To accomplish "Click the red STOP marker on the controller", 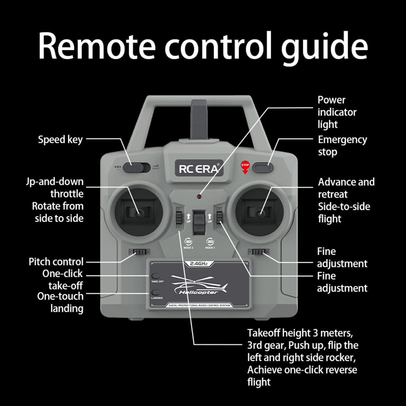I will pyautogui.click(x=245, y=166).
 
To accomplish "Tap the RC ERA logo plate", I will pyautogui.click(x=199, y=168).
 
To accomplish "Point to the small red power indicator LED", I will pyautogui.click(x=199, y=196).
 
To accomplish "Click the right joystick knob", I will pyautogui.click(x=261, y=212).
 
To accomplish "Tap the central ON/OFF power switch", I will pyautogui.click(x=199, y=221).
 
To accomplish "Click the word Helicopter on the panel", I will pyautogui.click(x=198, y=292).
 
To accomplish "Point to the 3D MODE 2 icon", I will pyautogui.click(x=188, y=242).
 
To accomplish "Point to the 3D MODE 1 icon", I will pyautogui.click(x=210, y=242).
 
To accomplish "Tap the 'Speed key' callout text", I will pyautogui.click(x=60, y=140).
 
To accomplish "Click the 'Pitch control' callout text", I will pyautogui.click(x=56, y=262).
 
